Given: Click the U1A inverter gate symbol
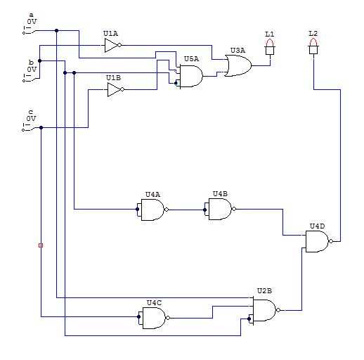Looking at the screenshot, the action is click(x=113, y=45).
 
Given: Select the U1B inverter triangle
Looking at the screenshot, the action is click(x=115, y=89).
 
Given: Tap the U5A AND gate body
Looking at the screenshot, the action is click(x=191, y=76).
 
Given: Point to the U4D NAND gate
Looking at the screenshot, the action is click(x=319, y=241).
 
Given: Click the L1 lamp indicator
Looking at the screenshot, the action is click(x=270, y=46).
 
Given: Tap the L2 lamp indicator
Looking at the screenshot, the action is click(x=313, y=46).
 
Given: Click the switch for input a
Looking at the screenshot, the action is click(x=30, y=31).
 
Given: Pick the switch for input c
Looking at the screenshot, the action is click(x=30, y=128).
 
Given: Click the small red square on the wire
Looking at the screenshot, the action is click(x=41, y=245).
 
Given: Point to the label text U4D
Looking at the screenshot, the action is click(x=318, y=226).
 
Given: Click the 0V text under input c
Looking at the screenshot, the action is click(x=31, y=119).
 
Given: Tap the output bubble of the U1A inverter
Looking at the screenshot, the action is click(x=119, y=45).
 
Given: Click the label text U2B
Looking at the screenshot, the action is click(x=264, y=291).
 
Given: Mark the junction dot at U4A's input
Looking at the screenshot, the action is click(x=138, y=210).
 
